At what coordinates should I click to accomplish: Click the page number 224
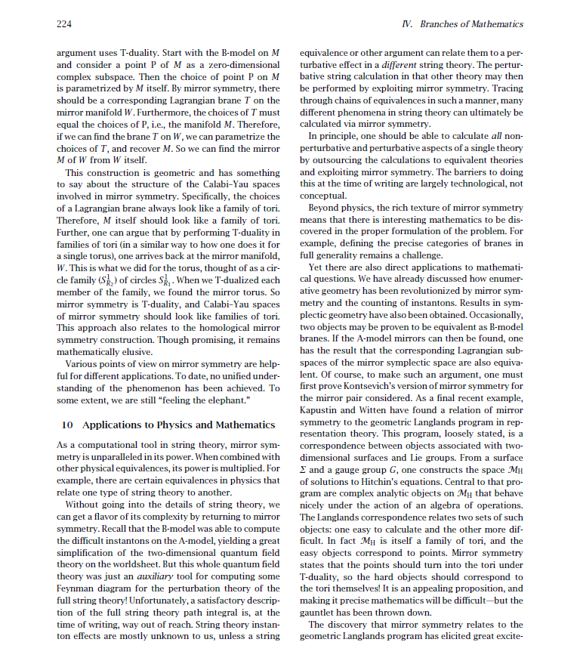pyautogui.click(x=64, y=24)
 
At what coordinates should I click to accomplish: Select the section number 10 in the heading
pyautogui.click(x=66, y=425)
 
